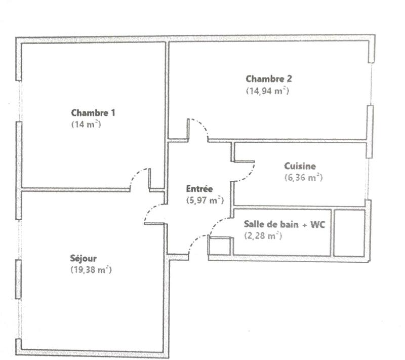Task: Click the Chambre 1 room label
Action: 93,112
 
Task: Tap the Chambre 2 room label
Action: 268,78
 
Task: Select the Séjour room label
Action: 84,258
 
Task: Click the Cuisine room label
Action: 300,166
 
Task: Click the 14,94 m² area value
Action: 267,91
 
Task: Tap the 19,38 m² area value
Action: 91,270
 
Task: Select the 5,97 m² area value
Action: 205,201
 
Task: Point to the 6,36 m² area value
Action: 304,178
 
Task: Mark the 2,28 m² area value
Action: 263,236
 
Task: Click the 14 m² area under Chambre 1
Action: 86,124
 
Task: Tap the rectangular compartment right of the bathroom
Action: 349,232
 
